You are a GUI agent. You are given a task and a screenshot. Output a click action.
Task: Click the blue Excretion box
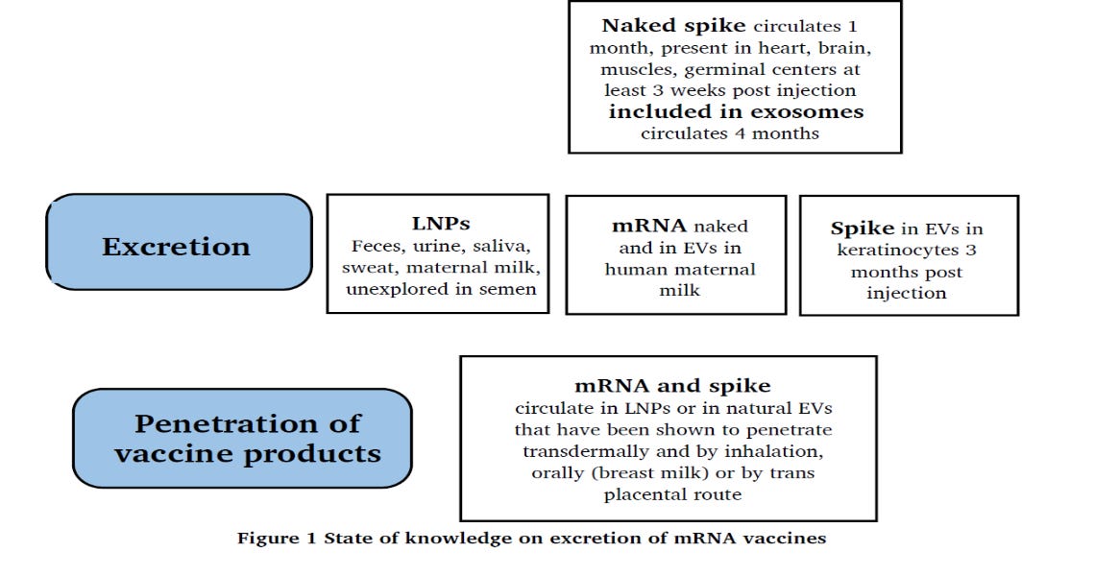[x=179, y=242]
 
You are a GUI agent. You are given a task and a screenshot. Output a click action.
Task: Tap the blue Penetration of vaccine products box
[x=242, y=438]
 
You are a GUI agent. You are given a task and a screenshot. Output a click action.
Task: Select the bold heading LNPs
[x=441, y=224]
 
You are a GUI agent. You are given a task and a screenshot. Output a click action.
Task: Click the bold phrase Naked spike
[x=674, y=26]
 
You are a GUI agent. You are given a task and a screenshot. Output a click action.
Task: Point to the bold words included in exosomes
[x=736, y=111]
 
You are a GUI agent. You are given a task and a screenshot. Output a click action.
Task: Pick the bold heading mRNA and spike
[x=672, y=386]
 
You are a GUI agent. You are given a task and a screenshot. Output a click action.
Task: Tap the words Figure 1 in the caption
[x=278, y=539]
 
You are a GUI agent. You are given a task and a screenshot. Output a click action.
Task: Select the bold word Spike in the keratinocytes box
[x=863, y=229]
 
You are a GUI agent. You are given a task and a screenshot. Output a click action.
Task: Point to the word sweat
[x=369, y=268]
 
